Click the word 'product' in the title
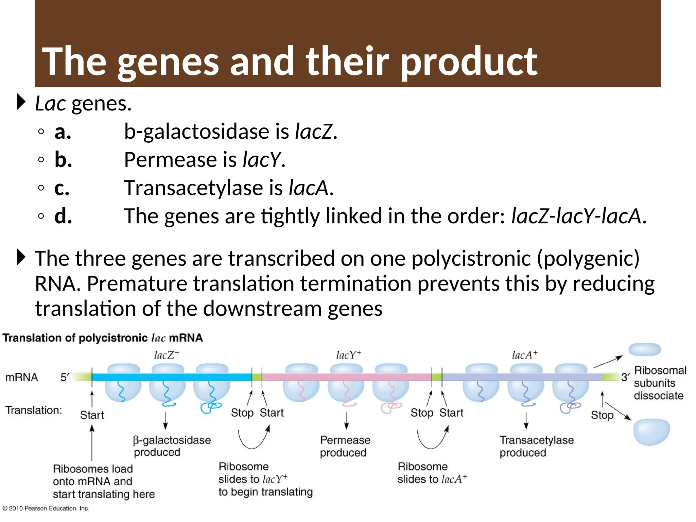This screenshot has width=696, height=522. click(469, 62)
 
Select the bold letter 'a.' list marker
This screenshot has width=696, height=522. click(63, 132)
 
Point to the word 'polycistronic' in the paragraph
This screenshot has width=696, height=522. click(471, 258)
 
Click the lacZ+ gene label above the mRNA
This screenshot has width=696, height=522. click(166, 355)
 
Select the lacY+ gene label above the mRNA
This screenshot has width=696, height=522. click(348, 355)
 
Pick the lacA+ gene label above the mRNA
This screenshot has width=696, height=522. click(524, 355)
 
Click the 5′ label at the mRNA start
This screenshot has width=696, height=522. click(65, 377)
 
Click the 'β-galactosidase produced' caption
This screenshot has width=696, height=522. click(172, 446)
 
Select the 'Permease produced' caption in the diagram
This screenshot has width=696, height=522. click(345, 446)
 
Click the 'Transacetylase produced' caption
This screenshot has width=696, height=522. click(536, 446)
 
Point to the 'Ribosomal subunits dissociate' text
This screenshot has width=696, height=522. click(659, 383)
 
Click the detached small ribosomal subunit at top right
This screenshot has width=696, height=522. click(644, 349)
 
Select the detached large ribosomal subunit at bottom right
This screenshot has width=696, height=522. click(651, 432)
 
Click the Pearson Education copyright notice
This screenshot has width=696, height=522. click(46, 508)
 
